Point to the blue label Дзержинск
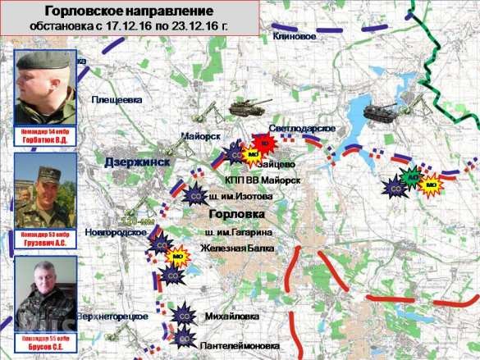(137, 162)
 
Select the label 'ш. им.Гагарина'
(239, 234)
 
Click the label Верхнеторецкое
(112, 317)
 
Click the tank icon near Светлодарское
(242, 107)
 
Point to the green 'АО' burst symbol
(412, 175)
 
